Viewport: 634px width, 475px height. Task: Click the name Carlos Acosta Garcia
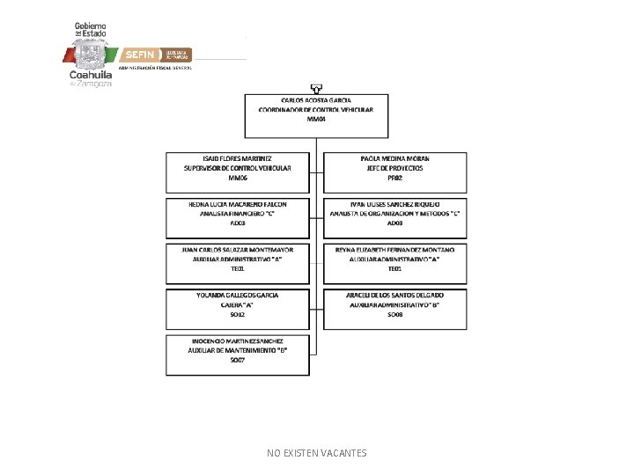coord(316,100)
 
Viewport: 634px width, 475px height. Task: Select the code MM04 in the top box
coord(316,119)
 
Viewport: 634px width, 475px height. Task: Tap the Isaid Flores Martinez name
coord(238,157)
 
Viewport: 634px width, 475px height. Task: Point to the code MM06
coord(238,178)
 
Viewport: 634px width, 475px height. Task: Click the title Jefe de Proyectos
coord(392,167)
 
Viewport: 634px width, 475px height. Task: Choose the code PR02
coord(392,178)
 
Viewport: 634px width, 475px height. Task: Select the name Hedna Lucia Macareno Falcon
coord(238,203)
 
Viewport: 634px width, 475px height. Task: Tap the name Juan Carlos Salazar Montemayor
coord(238,249)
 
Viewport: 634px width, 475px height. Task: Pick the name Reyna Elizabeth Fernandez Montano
coord(394,249)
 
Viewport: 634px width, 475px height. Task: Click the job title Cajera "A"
coord(238,304)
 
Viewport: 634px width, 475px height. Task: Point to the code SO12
coord(238,314)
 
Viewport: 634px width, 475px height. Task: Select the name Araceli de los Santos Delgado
coord(394,295)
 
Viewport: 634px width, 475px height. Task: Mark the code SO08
coord(394,314)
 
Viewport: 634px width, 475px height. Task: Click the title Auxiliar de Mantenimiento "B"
coord(238,350)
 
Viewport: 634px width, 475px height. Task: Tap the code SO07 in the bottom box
coord(238,360)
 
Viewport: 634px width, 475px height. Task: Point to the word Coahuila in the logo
coord(91,75)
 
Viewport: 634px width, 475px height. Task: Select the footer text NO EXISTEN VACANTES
coord(316,453)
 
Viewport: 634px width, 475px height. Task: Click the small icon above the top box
coord(316,88)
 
